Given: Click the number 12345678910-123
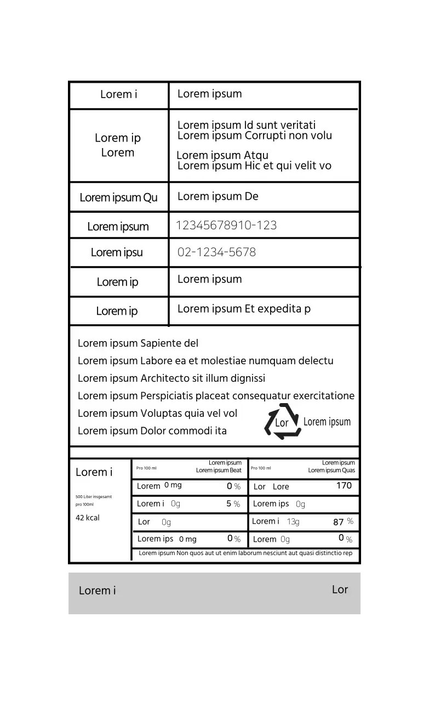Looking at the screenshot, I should tap(226, 225).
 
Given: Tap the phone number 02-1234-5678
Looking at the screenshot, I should tap(216, 252).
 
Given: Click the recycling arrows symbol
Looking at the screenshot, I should tap(282, 422).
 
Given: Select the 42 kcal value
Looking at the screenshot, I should tap(88, 518).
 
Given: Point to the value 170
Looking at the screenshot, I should tap(344, 485).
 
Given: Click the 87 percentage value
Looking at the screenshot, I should tap(339, 522).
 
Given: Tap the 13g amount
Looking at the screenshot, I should tap(293, 522).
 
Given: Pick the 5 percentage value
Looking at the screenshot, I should tap(229, 503).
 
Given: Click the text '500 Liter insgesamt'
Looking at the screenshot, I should tap(94, 497).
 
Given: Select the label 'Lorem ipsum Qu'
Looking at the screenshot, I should tap(118, 198).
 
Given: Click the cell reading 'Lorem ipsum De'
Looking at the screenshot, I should tap(218, 196).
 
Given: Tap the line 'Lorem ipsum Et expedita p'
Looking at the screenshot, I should tap(244, 309).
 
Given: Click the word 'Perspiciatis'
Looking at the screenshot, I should tap(170, 396).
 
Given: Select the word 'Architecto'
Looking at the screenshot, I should tap(166, 378).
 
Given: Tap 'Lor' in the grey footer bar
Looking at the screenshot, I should tap(340, 590).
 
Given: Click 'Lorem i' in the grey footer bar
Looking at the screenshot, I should tap(98, 591).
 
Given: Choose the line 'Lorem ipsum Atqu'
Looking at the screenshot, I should tap(222, 155).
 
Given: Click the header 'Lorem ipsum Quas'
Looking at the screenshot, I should tap(331, 471).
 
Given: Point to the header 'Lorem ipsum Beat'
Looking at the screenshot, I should tap(219, 471).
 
